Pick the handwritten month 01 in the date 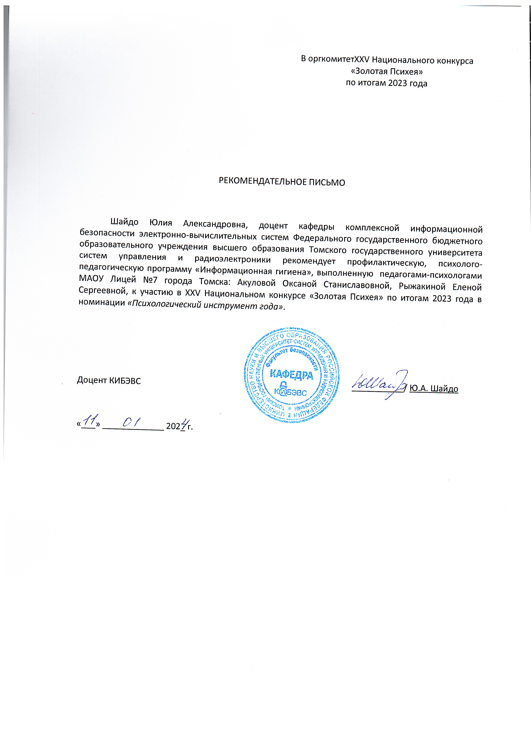(x=131, y=422)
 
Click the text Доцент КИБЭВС (x=109, y=380)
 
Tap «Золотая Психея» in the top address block (x=387, y=71)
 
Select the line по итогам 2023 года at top (x=387, y=83)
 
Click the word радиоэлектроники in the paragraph (x=232, y=259)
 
